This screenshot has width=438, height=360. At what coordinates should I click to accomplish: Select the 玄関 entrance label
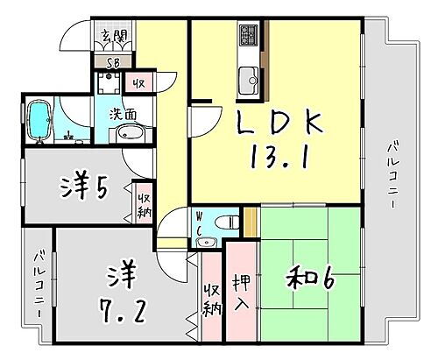(x=113, y=37)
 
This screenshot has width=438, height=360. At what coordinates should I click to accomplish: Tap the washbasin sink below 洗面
(x=131, y=134)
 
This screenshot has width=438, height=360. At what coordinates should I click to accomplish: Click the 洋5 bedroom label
(x=86, y=187)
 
